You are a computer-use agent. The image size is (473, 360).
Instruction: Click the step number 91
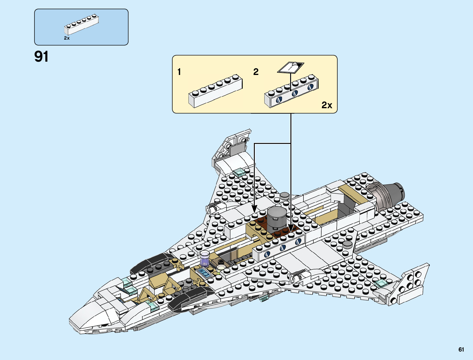click(x=41, y=57)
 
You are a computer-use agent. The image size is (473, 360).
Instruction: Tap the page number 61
click(x=461, y=349)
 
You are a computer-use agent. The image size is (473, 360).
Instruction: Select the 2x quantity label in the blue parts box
click(x=67, y=38)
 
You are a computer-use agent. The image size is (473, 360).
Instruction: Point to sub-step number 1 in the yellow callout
click(x=179, y=72)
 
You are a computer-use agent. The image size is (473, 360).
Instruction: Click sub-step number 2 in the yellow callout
click(x=256, y=72)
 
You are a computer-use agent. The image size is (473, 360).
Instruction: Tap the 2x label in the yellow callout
click(x=327, y=105)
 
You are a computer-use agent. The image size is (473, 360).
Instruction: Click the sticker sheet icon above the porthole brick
click(x=291, y=67)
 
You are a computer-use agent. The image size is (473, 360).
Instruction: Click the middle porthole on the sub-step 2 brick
click(x=295, y=93)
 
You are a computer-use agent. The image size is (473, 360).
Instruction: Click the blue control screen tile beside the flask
click(x=204, y=272)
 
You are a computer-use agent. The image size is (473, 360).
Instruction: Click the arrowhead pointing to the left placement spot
click(x=254, y=209)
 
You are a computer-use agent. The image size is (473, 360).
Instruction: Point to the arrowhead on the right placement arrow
click(x=291, y=228)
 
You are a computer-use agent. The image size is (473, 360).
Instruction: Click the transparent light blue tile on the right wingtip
click(x=381, y=283)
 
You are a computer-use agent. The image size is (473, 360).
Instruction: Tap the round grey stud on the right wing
click(x=348, y=244)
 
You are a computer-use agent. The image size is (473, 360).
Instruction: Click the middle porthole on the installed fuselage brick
click(x=283, y=248)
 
